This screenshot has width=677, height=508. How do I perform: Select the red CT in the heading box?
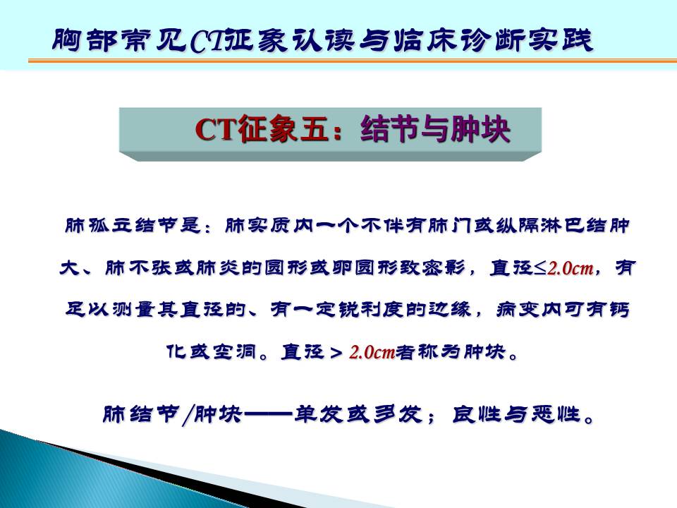coord(216,129)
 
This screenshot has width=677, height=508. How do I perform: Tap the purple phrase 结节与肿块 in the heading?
coord(435,129)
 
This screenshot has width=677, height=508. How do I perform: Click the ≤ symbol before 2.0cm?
coord(540,268)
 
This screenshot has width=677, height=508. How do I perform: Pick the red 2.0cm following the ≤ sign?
coord(571,268)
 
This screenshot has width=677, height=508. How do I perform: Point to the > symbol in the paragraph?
coord(336,353)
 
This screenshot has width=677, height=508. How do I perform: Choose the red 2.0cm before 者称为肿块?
coord(372,353)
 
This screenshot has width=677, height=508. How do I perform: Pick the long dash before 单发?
coord(268,415)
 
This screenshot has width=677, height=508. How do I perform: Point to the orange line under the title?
coord(353,61)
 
